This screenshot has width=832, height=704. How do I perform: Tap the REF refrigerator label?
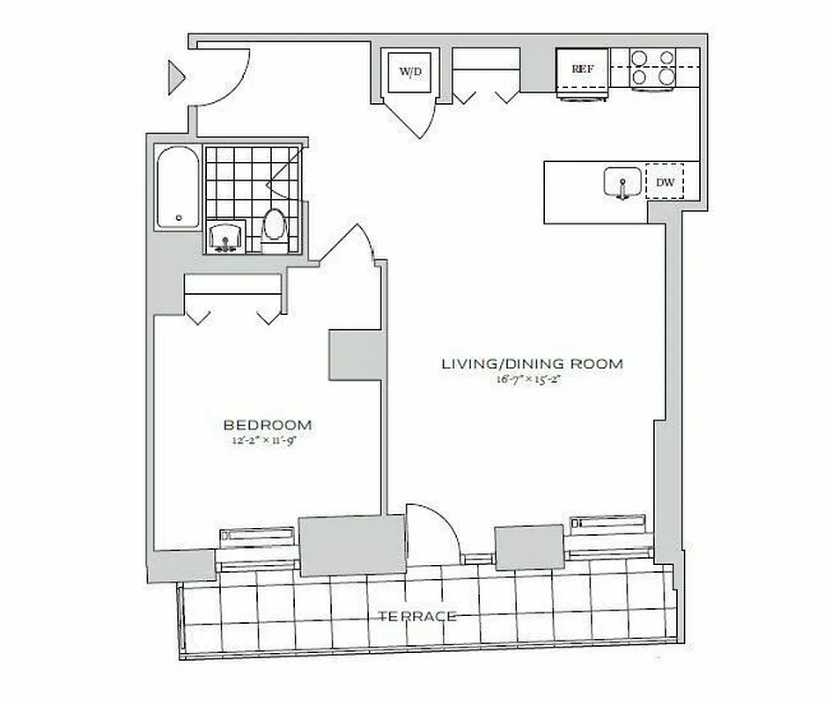[x=581, y=69]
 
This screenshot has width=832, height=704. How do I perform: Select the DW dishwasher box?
[x=666, y=183]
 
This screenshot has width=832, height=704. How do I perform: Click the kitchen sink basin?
[x=622, y=183]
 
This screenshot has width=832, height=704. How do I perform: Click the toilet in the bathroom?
[x=275, y=229]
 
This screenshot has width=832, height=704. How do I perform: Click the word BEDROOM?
[x=268, y=425]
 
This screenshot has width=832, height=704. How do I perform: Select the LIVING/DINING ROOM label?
[x=532, y=363]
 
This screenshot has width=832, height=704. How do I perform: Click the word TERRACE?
[x=418, y=616]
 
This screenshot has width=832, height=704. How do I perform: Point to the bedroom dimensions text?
[x=268, y=440]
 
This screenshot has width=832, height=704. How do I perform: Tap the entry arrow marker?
[x=177, y=77]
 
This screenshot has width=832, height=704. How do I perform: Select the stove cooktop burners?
[x=653, y=69]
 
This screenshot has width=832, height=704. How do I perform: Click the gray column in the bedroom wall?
[x=355, y=355]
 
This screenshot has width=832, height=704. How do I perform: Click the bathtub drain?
[x=179, y=217]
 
